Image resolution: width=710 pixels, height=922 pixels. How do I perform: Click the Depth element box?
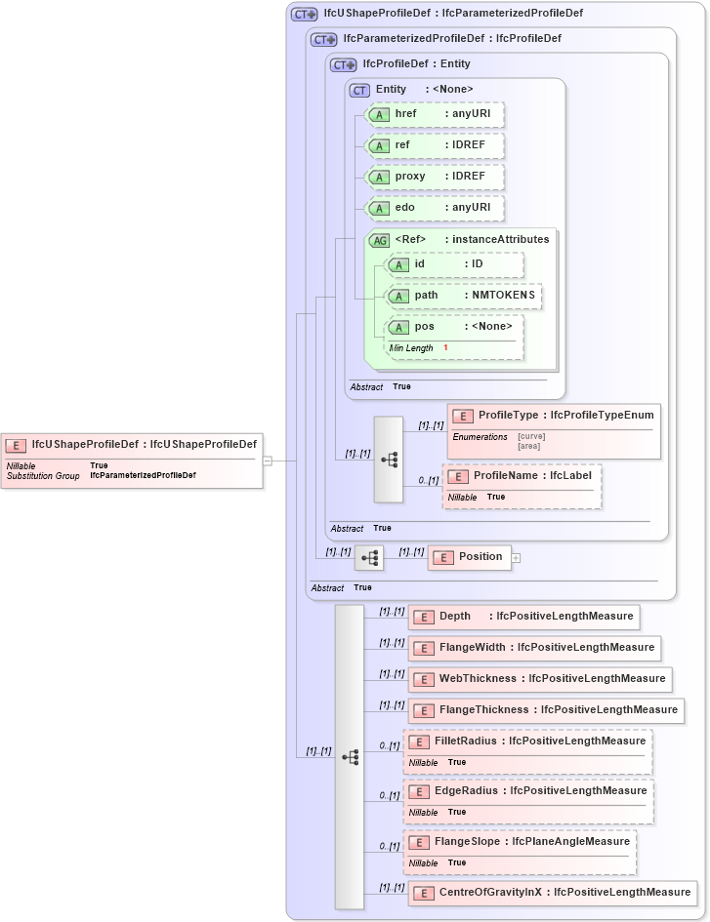pyautogui.click(x=524, y=617)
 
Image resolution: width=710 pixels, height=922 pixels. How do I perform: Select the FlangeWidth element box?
pyautogui.click(x=534, y=648)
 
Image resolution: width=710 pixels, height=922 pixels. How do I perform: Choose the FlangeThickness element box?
pyautogui.click(x=546, y=710)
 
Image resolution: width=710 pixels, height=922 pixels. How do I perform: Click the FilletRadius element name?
pyautogui.click(x=468, y=742)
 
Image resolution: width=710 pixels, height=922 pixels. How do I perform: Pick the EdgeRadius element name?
pyautogui.click(x=467, y=791)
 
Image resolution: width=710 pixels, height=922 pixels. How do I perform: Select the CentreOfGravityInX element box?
pyautogui.click(x=553, y=893)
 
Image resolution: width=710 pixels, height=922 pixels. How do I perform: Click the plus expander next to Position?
pyautogui.click(x=516, y=558)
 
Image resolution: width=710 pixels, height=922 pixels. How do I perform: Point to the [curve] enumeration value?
pyautogui.click(x=531, y=436)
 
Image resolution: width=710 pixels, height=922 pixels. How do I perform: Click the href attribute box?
pyautogui.click(x=434, y=115)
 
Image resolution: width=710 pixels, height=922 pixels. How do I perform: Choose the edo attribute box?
pyautogui.click(x=434, y=208)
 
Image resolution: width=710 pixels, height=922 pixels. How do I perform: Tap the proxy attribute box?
pyautogui.click(x=434, y=177)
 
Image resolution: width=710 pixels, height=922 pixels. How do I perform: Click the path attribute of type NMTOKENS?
pyautogui.click(x=464, y=296)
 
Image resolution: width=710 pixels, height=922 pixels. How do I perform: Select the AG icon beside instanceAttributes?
pyautogui.click(x=378, y=240)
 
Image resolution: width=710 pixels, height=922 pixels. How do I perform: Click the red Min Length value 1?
pyautogui.click(x=445, y=348)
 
